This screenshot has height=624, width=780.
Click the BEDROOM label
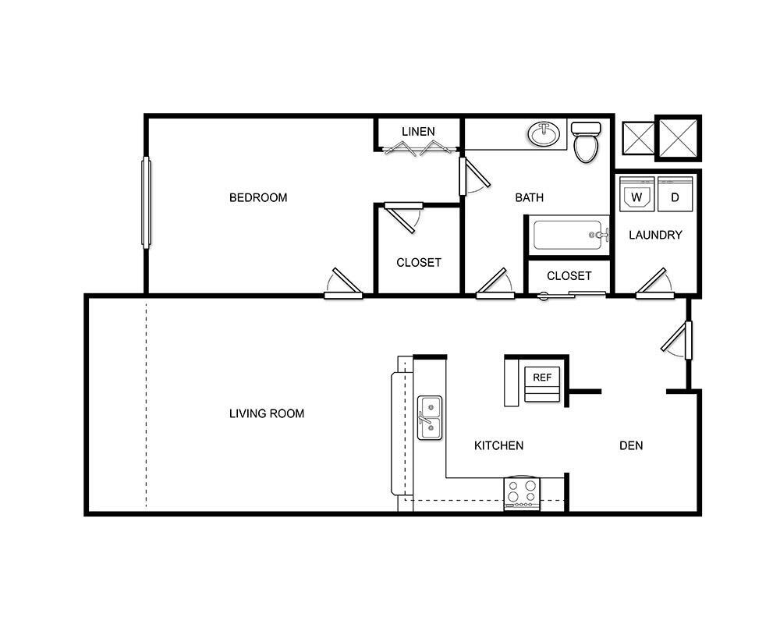(x=258, y=197)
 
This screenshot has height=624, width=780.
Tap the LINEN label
(x=418, y=131)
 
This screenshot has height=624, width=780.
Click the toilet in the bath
(x=585, y=142)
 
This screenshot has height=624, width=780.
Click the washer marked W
(x=637, y=195)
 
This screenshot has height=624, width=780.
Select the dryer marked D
(x=675, y=195)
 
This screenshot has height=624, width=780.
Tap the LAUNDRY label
(x=655, y=235)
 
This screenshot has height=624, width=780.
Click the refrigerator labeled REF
(x=542, y=381)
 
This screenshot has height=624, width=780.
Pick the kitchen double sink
(x=430, y=417)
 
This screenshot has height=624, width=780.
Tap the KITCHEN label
(x=498, y=445)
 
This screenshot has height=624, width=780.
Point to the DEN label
(x=631, y=445)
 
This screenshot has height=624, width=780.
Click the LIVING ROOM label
(x=267, y=413)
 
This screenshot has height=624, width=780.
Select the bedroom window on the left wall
(x=145, y=203)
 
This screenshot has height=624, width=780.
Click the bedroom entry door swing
(x=345, y=284)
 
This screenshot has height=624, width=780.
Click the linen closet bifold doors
(x=418, y=148)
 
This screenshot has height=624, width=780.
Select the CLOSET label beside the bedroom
(x=419, y=262)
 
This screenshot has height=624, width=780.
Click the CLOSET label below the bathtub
(x=569, y=275)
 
